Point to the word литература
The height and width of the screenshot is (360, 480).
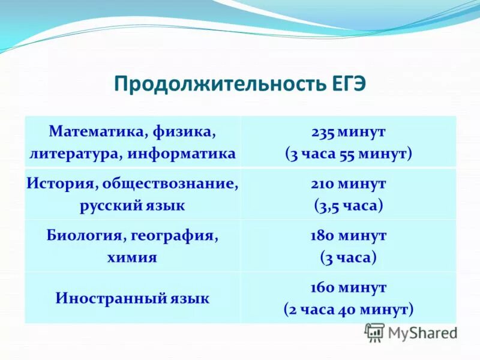tap(74, 154)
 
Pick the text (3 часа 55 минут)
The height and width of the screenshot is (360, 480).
tap(348, 154)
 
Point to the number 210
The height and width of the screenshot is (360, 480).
tap(322, 182)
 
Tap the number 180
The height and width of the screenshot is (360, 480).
tap(322, 235)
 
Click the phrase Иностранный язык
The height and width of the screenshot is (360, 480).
tap(132, 298)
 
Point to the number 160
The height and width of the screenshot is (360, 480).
tap(322, 287)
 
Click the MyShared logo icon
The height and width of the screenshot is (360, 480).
tap(374, 332)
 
